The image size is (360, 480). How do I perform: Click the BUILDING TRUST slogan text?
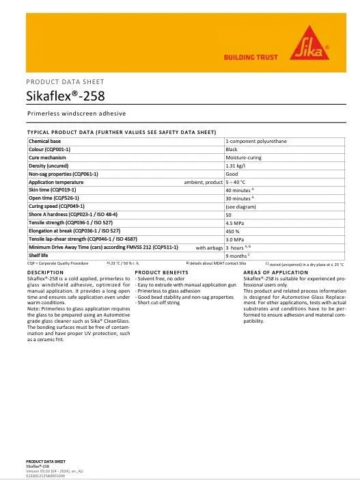[x=251, y=58]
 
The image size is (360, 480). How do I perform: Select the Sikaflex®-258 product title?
[x=66, y=96]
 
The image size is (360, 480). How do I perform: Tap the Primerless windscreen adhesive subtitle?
[x=77, y=114]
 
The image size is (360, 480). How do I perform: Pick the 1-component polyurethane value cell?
[x=256, y=140]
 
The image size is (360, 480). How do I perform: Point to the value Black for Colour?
[x=232, y=148]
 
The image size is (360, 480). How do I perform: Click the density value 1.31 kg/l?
[x=236, y=165]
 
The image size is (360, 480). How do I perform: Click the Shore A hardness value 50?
[x=228, y=214]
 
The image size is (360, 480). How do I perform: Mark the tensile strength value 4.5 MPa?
[x=235, y=222]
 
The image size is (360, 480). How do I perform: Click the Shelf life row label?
[x=38, y=255]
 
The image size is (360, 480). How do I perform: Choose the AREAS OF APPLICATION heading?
[x=276, y=272]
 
